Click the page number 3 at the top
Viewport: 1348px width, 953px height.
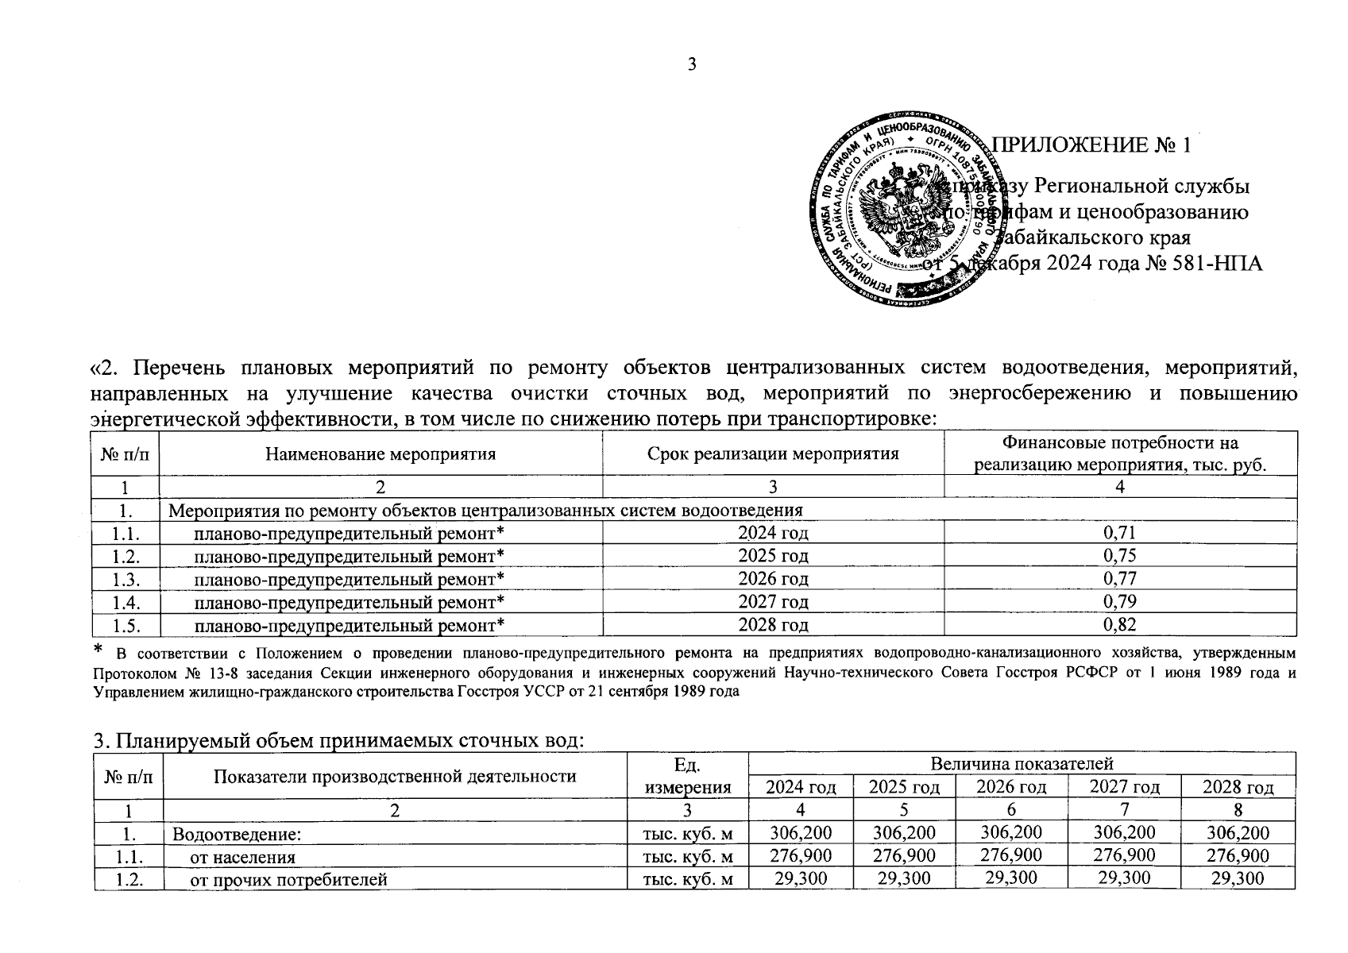[692, 65]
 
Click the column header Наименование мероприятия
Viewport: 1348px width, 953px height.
[380, 454]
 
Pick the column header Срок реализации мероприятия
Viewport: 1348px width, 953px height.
[773, 454]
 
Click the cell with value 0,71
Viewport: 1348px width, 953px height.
[1120, 532]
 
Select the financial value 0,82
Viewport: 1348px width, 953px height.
[1120, 625]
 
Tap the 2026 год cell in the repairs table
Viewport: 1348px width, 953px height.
[773, 578]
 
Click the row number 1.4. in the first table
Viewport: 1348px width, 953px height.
[126, 602]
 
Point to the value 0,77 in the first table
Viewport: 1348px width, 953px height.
[1120, 578]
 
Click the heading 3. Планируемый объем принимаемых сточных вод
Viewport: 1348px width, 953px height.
[339, 741]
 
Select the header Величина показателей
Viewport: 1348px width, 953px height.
[1022, 764]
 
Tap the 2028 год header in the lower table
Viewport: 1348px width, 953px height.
[1238, 787]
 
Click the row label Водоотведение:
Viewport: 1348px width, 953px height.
[237, 834]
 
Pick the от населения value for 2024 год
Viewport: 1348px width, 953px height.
[800, 857]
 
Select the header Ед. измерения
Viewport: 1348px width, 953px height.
[687, 776]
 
